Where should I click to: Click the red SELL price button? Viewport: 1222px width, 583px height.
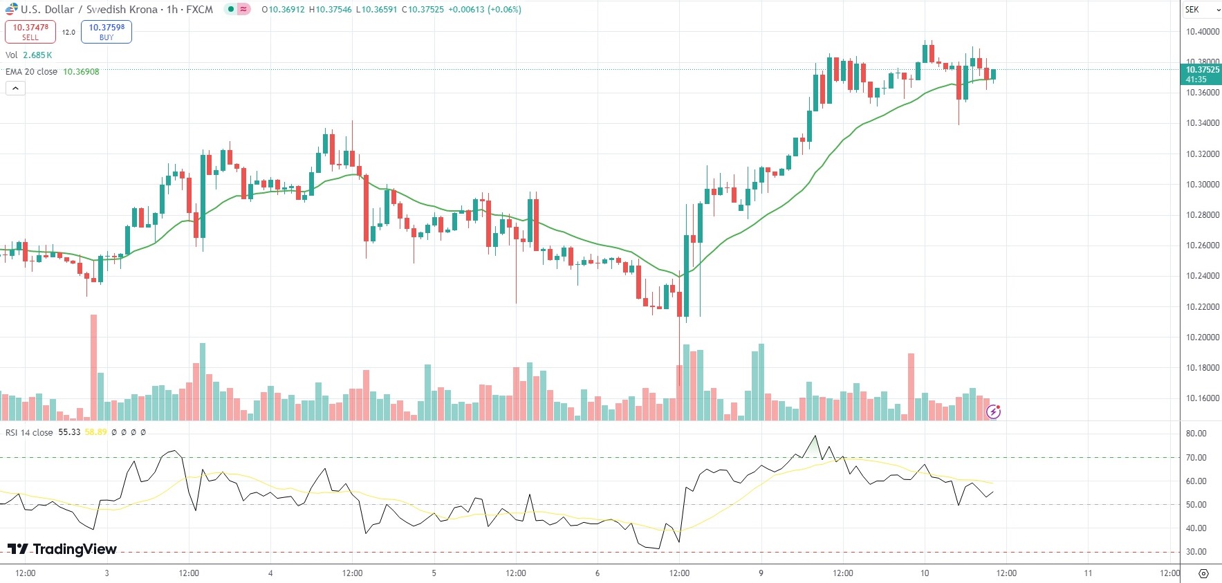point(30,32)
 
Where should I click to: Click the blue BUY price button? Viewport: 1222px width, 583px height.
point(107,32)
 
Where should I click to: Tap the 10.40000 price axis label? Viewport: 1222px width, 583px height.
point(1202,32)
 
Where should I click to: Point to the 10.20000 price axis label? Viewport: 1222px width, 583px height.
point(1202,337)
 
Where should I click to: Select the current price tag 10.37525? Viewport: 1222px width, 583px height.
point(1202,74)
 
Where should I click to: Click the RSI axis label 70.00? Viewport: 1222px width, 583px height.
point(1196,458)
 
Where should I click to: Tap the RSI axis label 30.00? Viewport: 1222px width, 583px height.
point(1196,552)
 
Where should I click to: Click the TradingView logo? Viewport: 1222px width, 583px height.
point(62,549)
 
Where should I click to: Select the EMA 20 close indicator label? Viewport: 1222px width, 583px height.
point(32,72)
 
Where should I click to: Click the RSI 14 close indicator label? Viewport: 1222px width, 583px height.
point(29,432)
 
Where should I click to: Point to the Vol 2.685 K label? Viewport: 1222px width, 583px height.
point(28,55)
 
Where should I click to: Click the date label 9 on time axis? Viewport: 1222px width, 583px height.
point(761,573)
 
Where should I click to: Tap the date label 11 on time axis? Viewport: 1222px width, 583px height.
point(1088,573)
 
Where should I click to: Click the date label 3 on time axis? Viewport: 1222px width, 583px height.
point(107,573)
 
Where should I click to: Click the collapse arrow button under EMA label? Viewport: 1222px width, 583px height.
point(15,89)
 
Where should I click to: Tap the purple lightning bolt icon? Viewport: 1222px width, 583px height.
point(993,412)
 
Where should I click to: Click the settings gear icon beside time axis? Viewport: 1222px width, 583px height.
point(1203,574)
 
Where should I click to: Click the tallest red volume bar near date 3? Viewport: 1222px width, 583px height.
point(94,367)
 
